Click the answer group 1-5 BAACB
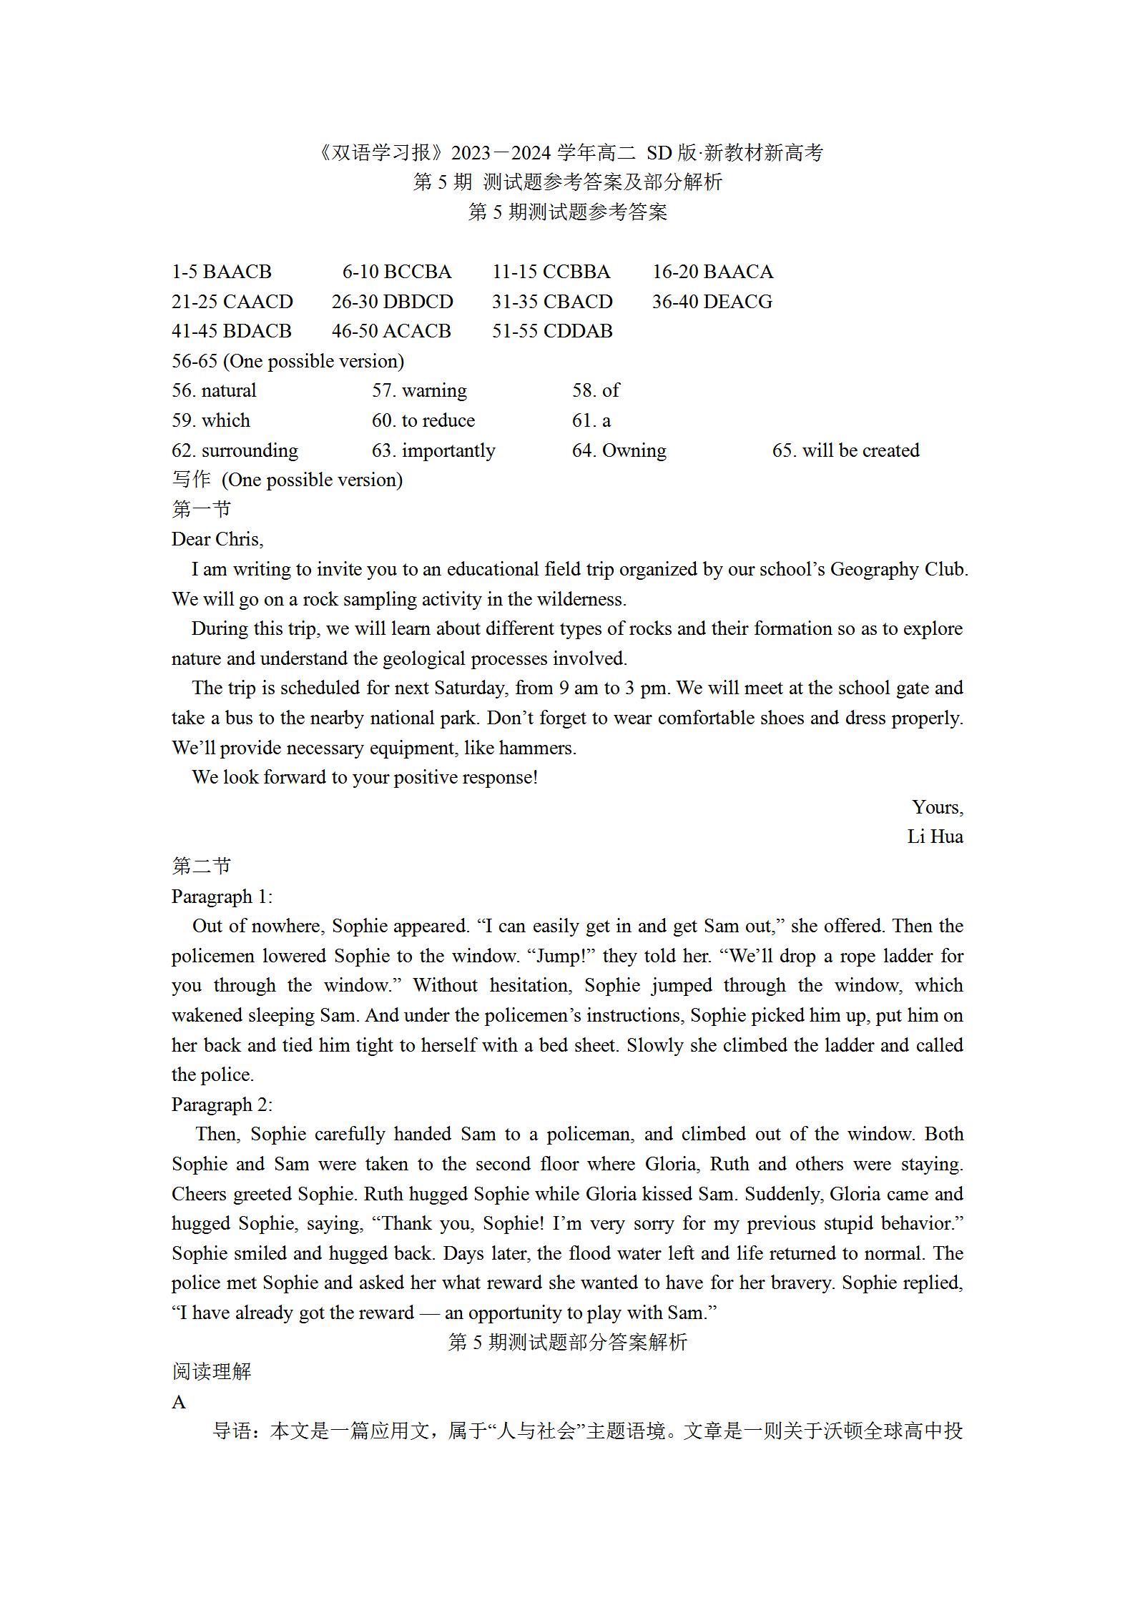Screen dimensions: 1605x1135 (222, 272)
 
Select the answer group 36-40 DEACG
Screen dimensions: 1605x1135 (712, 302)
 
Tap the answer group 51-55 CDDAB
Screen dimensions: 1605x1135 (552, 332)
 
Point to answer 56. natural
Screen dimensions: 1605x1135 (214, 391)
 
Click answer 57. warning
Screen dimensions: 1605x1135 (419, 391)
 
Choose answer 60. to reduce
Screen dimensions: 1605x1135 (423, 421)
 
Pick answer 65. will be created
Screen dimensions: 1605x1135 (845, 451)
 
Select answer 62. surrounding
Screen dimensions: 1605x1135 (235, 451)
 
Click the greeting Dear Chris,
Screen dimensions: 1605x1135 (217, 540)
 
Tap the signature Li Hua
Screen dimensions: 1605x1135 (935, 837)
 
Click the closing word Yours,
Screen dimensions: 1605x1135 (938, 808)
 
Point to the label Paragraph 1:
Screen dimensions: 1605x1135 (222, 897)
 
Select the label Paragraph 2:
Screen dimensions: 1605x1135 (222, 1105)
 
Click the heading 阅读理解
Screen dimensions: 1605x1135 (212, 1372)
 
